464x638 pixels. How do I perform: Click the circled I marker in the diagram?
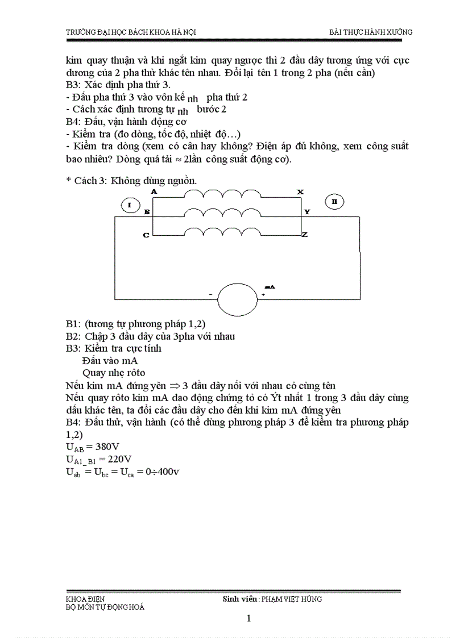[130, 205]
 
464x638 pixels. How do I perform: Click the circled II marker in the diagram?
[334, 201]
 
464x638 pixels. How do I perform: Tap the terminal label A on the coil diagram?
[154, 192]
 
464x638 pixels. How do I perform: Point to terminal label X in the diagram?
[300, 192]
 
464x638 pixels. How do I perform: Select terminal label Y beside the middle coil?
[307, 212]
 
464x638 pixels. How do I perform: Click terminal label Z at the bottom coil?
[305, 234]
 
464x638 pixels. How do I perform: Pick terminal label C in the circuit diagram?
[146, 235]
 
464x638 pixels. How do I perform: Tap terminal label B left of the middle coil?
[147, 212]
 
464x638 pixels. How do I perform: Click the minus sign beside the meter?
[210, 294]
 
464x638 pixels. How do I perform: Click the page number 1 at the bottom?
[249, 619]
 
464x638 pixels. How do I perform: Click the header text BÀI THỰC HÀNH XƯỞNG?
[371, 32]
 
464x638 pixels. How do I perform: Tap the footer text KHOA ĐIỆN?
[85, 599]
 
